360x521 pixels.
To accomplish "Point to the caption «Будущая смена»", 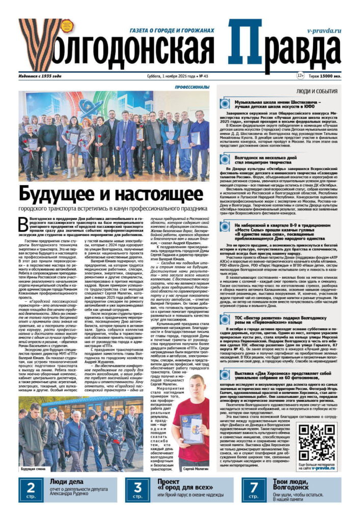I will pyautogui.click(x=32, y=469).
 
